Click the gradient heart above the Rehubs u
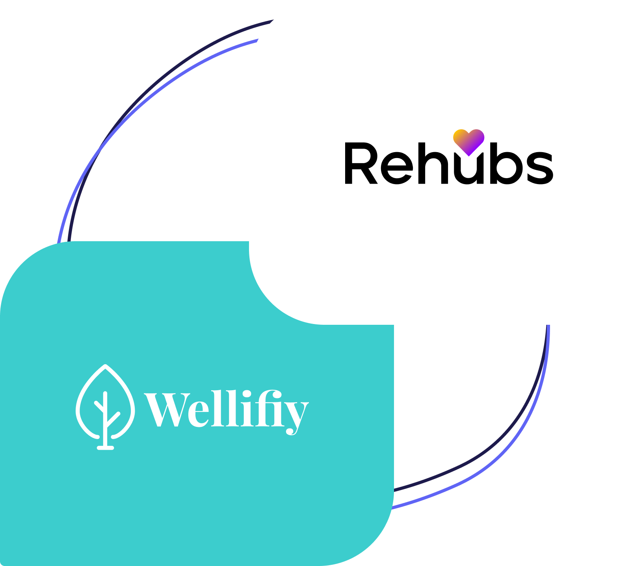[x=468, y=141]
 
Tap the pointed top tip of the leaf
[x=105, y=366]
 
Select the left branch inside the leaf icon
[x=99, y=406]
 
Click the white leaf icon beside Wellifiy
[x=105, y=406]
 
